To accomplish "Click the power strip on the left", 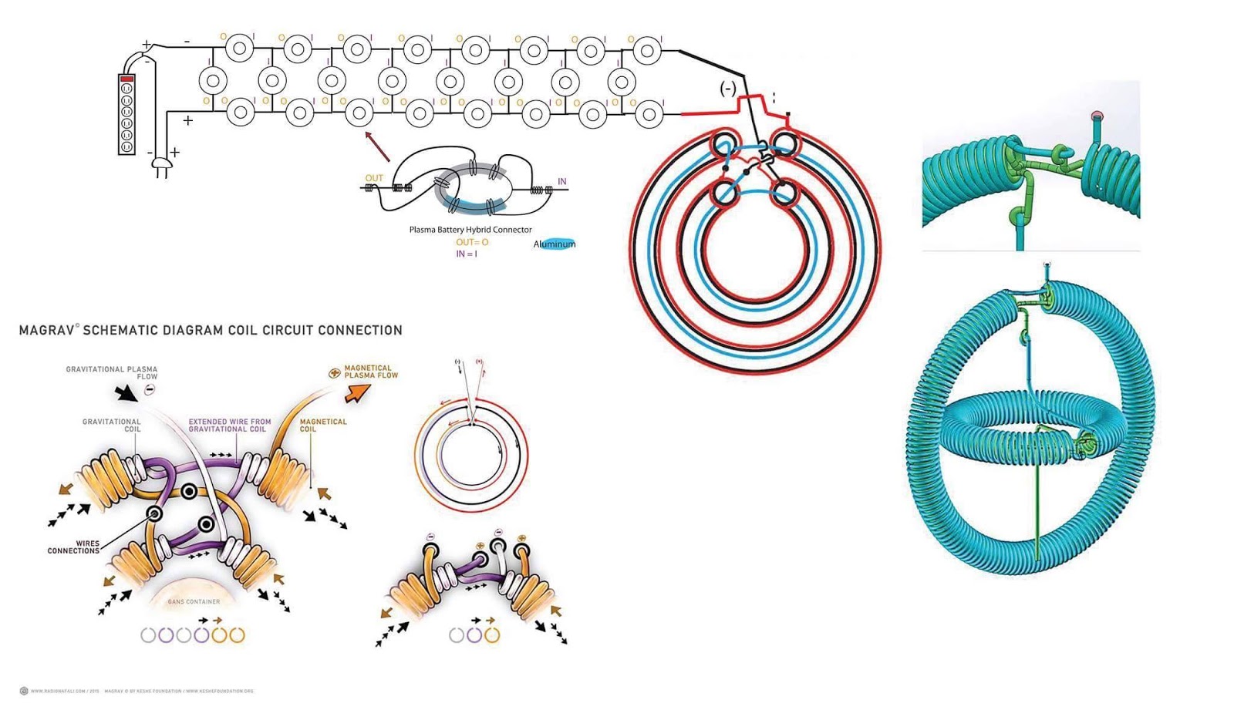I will pyautogui.click(x=126, y=114).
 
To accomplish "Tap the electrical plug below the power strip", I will pyautogui.click(x=161, y=166).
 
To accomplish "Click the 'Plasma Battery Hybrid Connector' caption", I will pyautogui.click(x=470, y=230).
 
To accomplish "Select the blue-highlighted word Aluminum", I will pyautogui.click(x=554, y=244).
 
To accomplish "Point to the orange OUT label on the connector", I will pyautogui.click(x=374, y=178).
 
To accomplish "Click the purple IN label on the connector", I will pyautogui.click(x=561, y=182).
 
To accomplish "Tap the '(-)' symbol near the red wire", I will pyautogui.click(x=727, y=89).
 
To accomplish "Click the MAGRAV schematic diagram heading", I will pyautogui.click(x=211, y=330).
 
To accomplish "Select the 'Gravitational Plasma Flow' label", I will pyautogui.click(x=112, y=372).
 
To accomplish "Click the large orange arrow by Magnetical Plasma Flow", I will pyautogui.click(x=356, y=393).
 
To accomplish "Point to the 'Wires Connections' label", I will pyautogui.click(x=74, y=547).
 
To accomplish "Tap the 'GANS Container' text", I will pyautogui.click(x=194, y=601).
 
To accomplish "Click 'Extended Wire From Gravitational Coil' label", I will pyautogui.click(x=230, y=426).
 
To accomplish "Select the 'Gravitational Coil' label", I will pyautogui.click(x=112, y=426).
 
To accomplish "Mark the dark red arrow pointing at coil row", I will pyautogui.click(x=377, y=146).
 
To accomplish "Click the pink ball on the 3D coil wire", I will pyautogui.click(x=1097, y=117).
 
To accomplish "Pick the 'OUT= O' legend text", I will pyautogui.click(x=471, y=242).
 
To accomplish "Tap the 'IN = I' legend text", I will pyautogui.click(x=466, y=254).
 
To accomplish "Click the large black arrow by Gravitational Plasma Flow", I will pyautogui.click(x=125, y=394).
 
